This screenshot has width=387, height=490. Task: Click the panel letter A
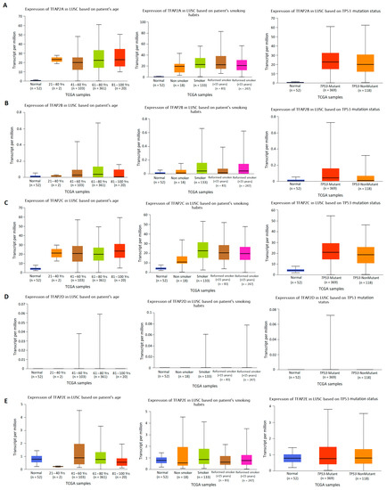coord(4,5)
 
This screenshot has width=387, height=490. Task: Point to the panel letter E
coord(4,391)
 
